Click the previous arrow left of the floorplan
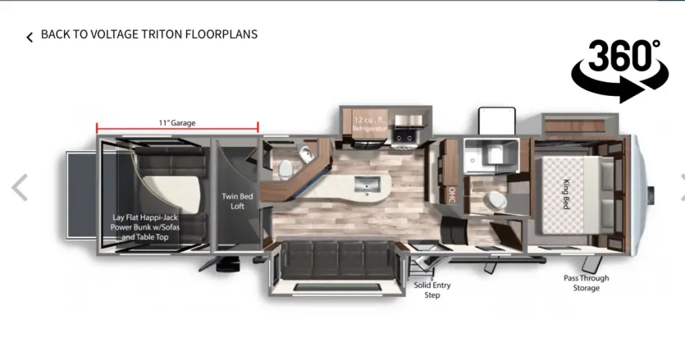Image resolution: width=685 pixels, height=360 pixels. click(20, 187)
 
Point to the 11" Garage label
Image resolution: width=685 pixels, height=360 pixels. click(177, 123)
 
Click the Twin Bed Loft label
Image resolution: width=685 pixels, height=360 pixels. click(237, 202)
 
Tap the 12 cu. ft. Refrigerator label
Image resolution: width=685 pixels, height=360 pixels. click(370, 124)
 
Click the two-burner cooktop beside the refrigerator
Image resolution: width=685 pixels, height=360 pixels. click(403, 136)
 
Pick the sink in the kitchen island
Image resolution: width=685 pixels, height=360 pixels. click(367, 185)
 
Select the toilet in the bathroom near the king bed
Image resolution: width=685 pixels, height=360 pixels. click(496, 200)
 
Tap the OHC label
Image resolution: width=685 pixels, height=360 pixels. click(451, 194)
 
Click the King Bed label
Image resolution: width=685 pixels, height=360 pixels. click(566, 194)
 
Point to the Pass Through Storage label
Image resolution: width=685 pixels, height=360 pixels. click(586, 283)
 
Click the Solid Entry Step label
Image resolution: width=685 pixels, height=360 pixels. click(432, 290)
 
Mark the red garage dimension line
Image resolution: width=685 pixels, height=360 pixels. click(177, 129)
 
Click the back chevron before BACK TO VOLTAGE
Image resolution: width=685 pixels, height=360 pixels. click(30, 38)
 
